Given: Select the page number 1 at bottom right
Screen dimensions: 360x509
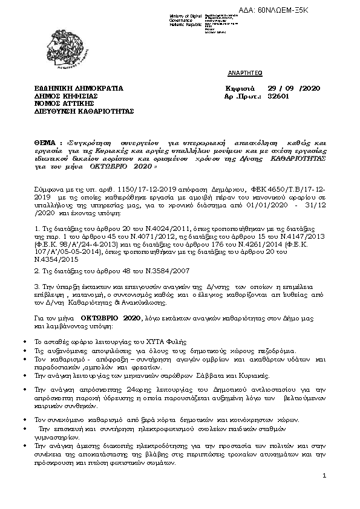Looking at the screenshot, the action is pyautogui.click(x=324, y=476).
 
